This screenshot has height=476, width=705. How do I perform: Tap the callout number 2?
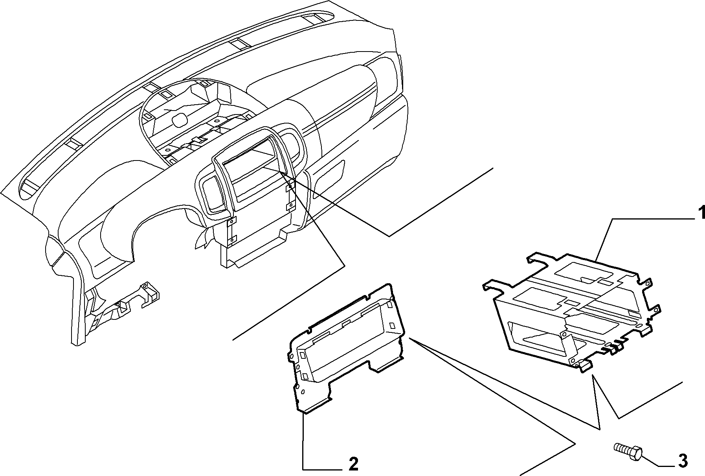[353, 464]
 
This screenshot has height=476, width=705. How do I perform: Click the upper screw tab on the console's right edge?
[289, 188]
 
